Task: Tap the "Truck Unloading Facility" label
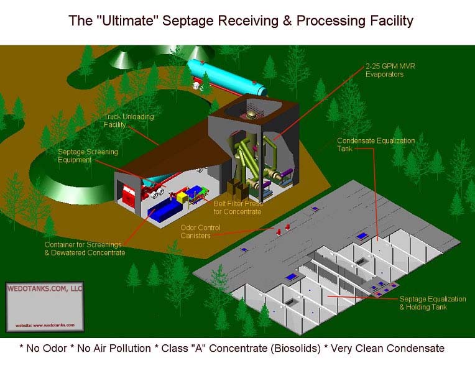click(129, 121)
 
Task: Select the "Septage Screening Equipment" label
click(88, 156)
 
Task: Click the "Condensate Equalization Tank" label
click(376, 145)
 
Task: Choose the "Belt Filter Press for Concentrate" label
click(238, 207)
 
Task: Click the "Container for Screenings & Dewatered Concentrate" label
click(85, 249)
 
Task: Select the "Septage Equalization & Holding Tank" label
click(432, 303)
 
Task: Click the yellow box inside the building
click(182, 196)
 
